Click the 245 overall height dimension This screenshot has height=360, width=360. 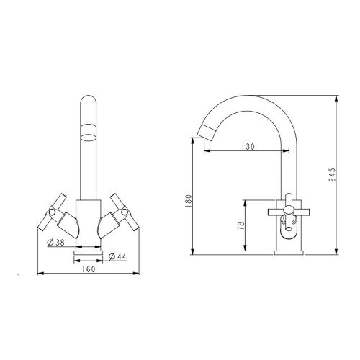tap(333, 174)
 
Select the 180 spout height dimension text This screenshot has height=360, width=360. tap(189, 201)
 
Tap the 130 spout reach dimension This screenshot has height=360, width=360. tap(248, 146)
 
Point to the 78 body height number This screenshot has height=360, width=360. tap(240, 226)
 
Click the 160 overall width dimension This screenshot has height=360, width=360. tap(89, 269)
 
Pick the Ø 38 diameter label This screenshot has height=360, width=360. tap(56, 243)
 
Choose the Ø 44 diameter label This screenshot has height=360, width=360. tap(117, 256)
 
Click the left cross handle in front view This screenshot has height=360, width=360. tap(53, 212)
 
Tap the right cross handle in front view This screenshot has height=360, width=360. tap(125, 212)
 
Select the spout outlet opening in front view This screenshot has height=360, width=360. tap(88, 138)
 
